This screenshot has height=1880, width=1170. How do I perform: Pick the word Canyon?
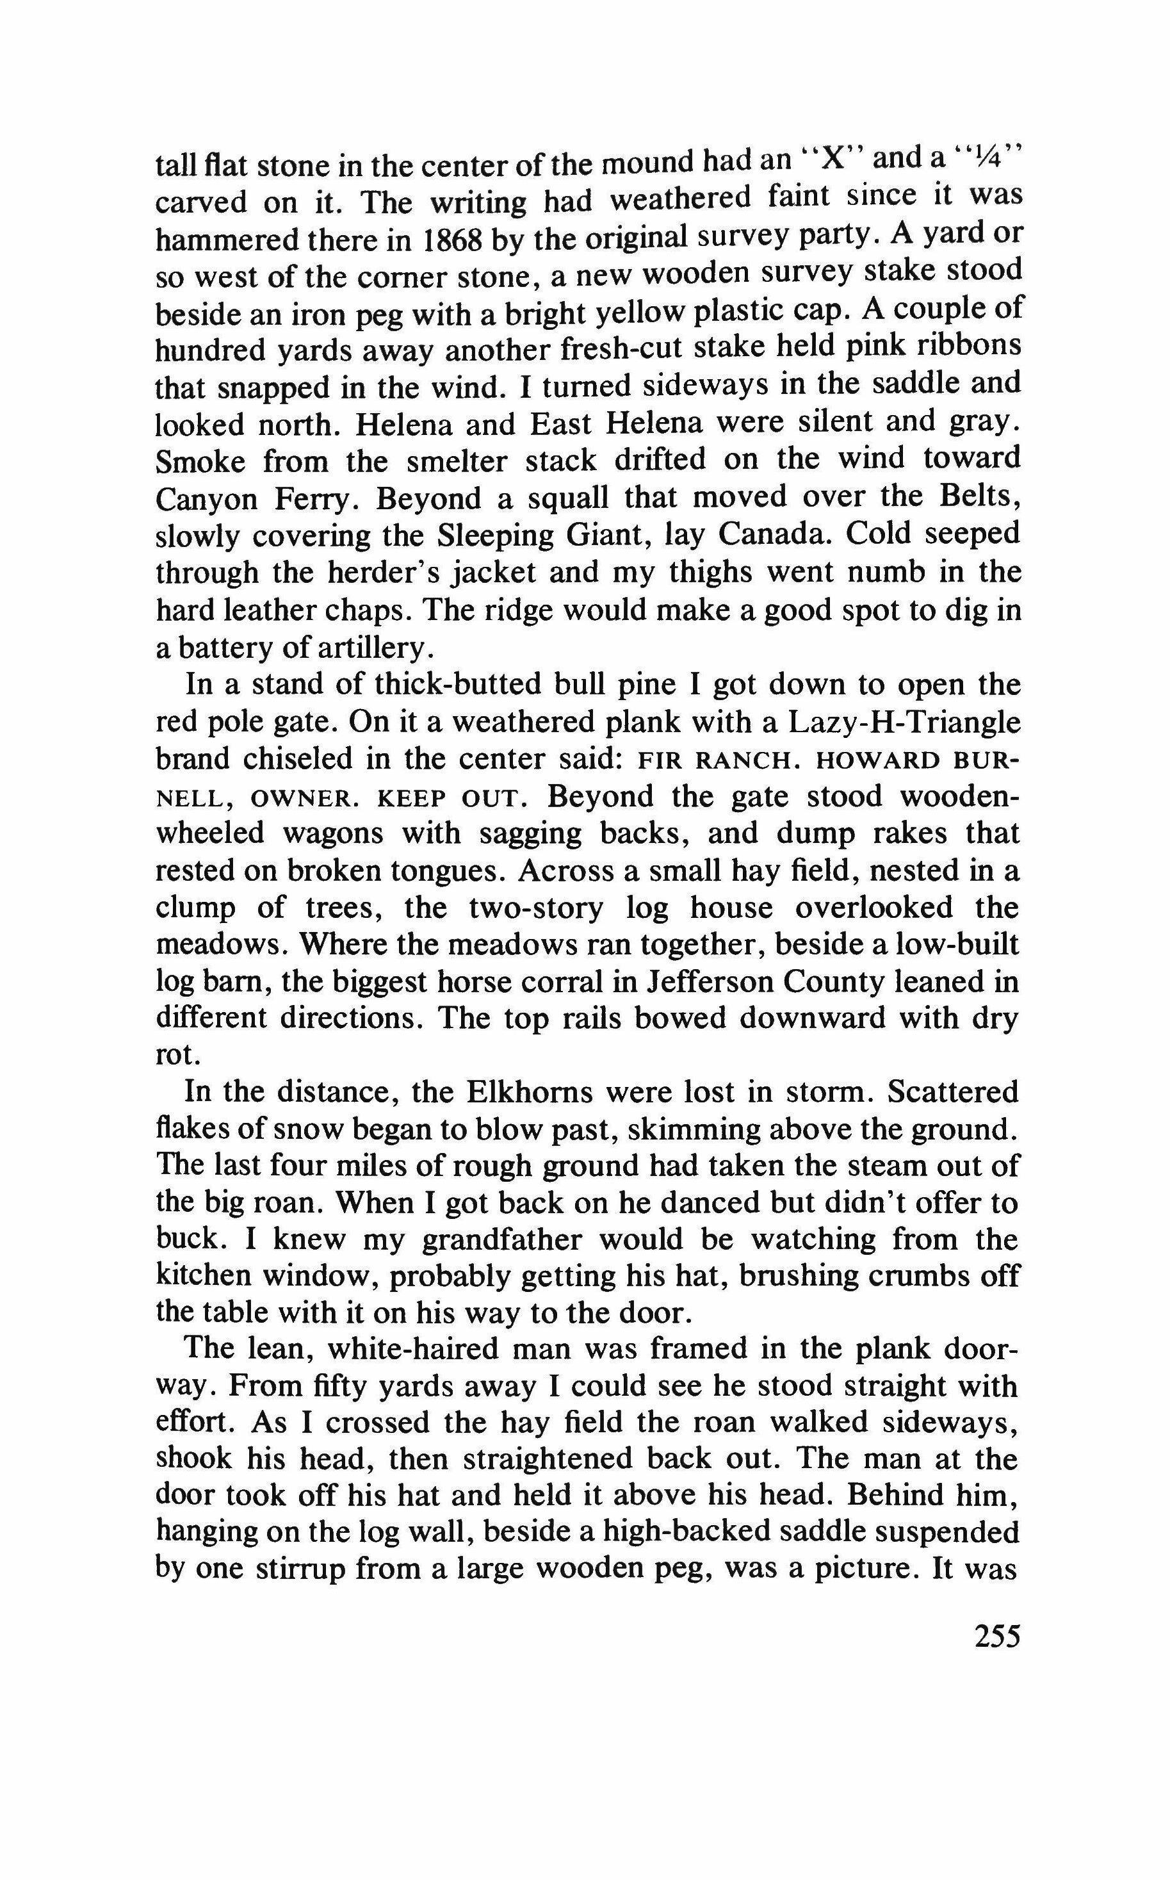205,499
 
